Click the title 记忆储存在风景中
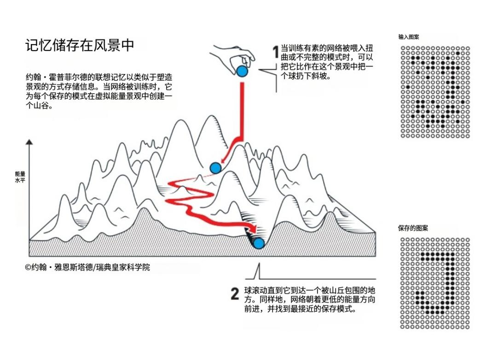click(80, 45)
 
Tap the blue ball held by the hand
click(242, 71)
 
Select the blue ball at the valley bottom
click(259, 243)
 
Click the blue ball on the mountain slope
click(215, 168)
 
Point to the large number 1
click(276, 52)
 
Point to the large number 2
click(235, 293)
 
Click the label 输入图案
click(409, 37)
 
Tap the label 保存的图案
click(413, 228)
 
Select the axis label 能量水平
click(20, 177)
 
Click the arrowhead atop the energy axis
click(29, 142)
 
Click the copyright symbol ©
click(28, 268)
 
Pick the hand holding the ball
click(233, 57)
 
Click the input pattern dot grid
click(435, 92)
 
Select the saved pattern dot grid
click(435, 283)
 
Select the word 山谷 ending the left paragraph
click(41, 106)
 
